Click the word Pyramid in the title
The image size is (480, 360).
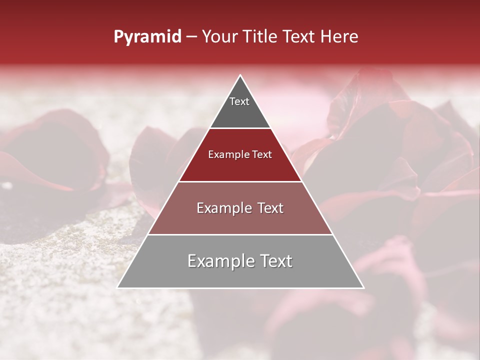point(147,37)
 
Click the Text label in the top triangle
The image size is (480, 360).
point(239,101)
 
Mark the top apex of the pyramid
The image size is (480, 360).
point(240,75)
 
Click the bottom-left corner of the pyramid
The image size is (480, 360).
point(118,287)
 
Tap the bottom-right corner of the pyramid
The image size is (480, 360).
point(363,287)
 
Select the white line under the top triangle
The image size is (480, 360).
point(240,128)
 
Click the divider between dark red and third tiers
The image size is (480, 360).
point(240,181)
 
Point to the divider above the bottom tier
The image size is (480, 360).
point(240,234)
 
